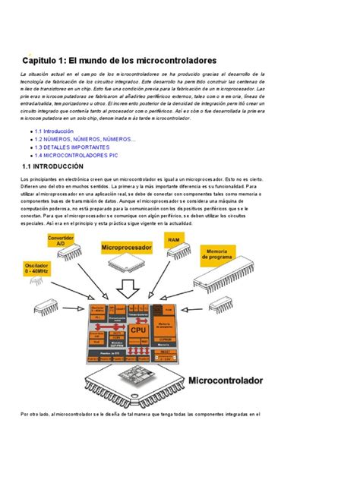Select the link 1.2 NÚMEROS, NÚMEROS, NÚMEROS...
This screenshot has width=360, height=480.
pyautogui.click(x=85, y=140)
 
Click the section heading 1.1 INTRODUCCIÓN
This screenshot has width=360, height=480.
pyautogui.click(x=59, y=166)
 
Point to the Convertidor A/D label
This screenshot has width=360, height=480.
pyautogui.click(x=62, y=239)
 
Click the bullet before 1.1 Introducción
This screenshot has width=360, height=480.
pyautogui.click(x=30, y=131)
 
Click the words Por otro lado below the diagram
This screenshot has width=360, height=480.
pyautogui.click(x=37, y=415)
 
